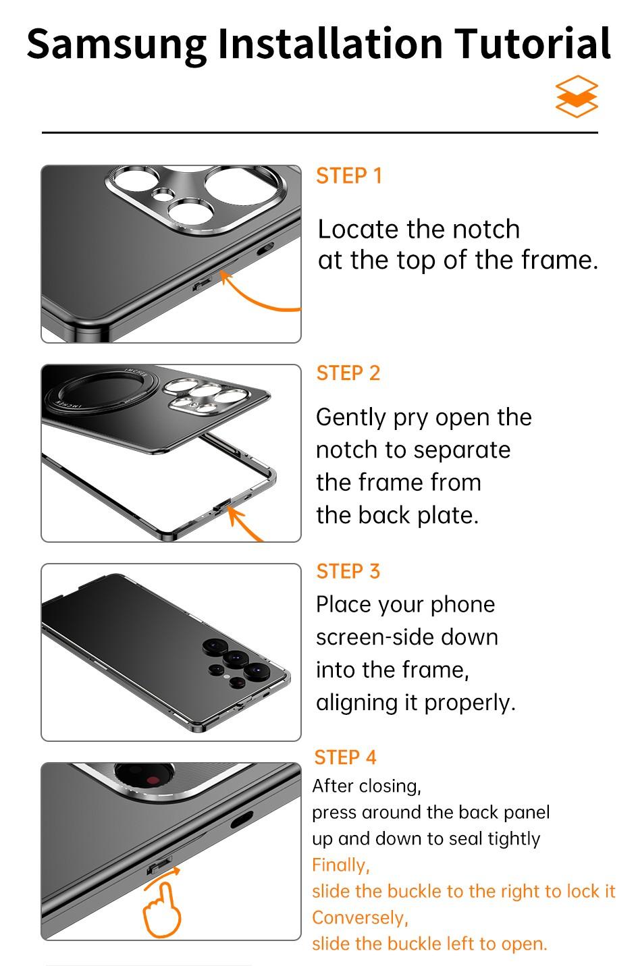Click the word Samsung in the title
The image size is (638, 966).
click(x=116, y=43)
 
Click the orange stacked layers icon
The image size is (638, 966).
click(x=577, y=97)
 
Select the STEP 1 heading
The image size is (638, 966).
click(x=349, y=176)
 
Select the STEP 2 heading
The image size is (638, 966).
click(x=348, y=373)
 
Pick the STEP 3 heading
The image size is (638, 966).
click(x=348, y=571)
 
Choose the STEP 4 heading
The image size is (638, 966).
click(x=346, y=757)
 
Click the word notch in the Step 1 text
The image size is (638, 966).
click(x=486, y=230)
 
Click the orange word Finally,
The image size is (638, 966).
click(x=340, y=865)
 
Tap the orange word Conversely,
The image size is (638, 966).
click(x=360, y=917)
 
